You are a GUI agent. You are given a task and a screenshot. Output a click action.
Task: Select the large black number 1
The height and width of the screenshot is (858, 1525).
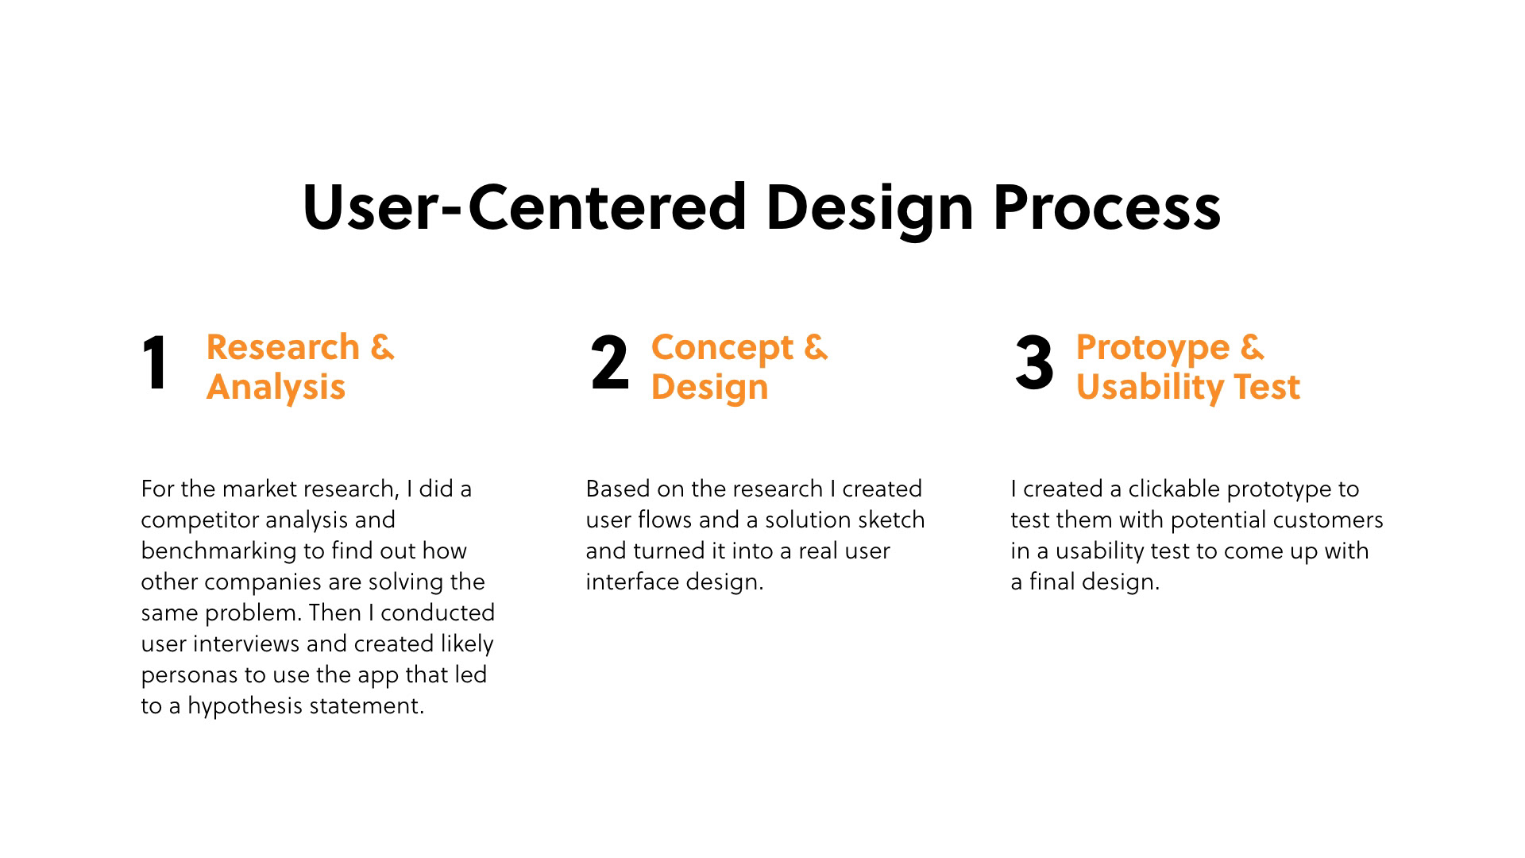click(156, 364)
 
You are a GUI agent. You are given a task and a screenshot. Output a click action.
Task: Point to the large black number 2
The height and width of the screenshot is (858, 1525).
click(610, 364)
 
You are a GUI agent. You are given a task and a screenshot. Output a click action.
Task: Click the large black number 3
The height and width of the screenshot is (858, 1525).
click(1034, 364)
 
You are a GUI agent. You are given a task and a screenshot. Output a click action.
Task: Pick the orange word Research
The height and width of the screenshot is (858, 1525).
click(283, 347)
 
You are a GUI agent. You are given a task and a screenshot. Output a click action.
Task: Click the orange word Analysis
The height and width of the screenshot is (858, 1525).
click(276, 387)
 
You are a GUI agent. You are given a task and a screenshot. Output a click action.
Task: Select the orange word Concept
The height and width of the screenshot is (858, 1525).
click(722, 348)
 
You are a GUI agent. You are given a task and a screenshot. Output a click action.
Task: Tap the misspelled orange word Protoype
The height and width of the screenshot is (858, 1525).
click(1152, 348)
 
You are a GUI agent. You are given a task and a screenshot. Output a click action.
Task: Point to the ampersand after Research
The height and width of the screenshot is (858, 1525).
click(382, 347)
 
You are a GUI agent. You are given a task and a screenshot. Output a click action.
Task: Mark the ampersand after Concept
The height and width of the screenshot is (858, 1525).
click(816, 347)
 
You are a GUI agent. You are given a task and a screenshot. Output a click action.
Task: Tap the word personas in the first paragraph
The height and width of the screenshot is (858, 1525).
click(189, 675)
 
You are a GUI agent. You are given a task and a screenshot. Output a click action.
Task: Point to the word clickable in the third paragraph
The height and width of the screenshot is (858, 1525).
click(1174, 489)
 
